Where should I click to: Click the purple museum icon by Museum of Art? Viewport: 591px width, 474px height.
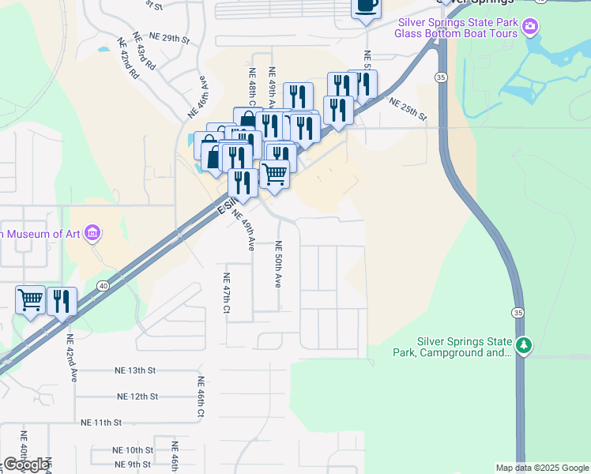[x=93, y=234]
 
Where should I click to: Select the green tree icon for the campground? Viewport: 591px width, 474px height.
[x=523, y=345]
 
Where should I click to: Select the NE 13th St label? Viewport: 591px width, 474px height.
[x=136, y=370]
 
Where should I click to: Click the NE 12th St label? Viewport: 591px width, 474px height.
[x=137, y=396]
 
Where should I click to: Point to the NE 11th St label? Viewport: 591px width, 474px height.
[x=102, y=423]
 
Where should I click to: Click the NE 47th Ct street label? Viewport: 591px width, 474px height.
[x=226, y=293]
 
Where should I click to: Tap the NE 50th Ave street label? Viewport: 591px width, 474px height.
[x=278, y=265]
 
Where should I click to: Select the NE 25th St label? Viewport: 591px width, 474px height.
[x=408, y=108]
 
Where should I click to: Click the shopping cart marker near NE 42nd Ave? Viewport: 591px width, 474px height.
[x=30, y=300]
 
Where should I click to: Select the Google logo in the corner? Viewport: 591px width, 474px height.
[x=26, y=465]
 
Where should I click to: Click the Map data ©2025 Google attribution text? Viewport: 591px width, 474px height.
[x=542, y=468]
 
